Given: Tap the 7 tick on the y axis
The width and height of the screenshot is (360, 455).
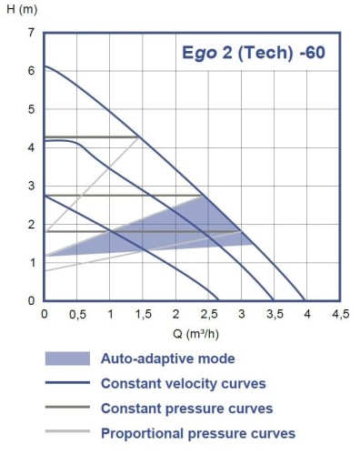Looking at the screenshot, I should (x=32, y=33).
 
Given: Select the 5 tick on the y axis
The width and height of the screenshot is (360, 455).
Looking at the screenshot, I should (x=32, y=109).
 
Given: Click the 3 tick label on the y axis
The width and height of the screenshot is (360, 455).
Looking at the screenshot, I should (x=32, y=186).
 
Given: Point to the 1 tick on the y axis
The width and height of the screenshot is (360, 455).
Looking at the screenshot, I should (x=32, y=263).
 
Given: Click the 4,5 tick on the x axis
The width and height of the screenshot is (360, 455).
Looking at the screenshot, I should (x=340, y=314).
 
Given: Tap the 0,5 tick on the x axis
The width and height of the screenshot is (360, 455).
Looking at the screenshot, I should (x=77, y=314).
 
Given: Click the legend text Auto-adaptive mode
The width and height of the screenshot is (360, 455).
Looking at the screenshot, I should (x=167, y=359).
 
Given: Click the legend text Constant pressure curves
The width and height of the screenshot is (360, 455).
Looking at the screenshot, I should (x=186, y=409).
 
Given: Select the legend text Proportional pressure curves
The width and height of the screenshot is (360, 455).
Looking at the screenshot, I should (x=198, y=433).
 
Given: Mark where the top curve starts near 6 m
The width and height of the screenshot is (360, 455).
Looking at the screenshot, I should (x=45, y=66).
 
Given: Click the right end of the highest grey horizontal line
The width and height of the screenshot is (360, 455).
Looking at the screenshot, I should (x=138, y=136).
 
